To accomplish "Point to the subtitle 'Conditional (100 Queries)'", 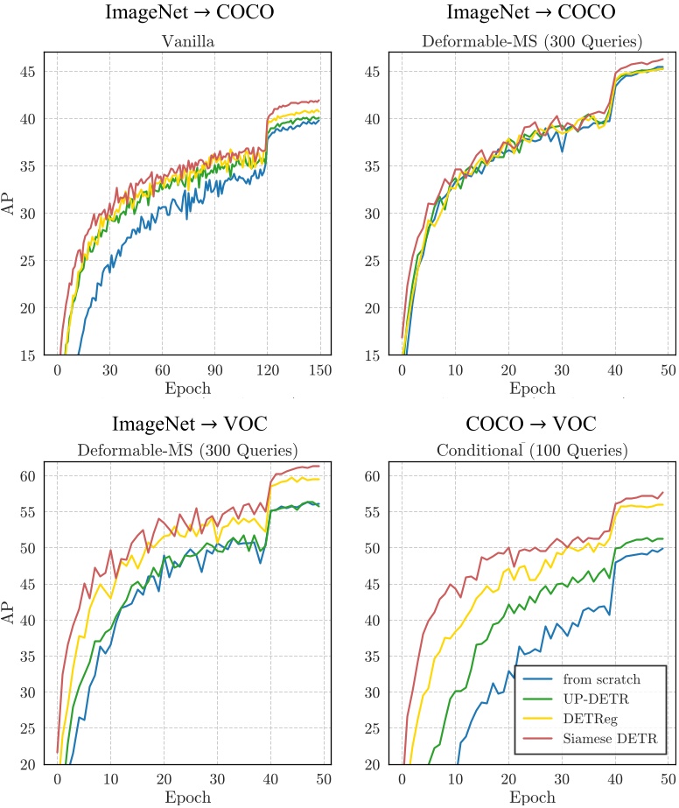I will pyautogui.click(x=533, y=452).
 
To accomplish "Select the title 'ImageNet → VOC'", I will pyautogui.click(x=189, y=425).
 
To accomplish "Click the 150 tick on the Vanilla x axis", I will pyautogui.click(x=320, y=370).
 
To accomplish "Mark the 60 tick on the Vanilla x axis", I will pyautogui.click(x=163, y=370).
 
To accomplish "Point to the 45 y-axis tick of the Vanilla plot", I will pyautogui.click(x=29, y=72).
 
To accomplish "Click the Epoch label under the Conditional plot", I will pyautogui.click(x=533, y=797).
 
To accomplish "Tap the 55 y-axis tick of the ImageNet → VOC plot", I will pyautogui.click(x=29, y=512).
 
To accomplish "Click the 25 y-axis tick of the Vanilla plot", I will pyautogui.click(x=29, y=261).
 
